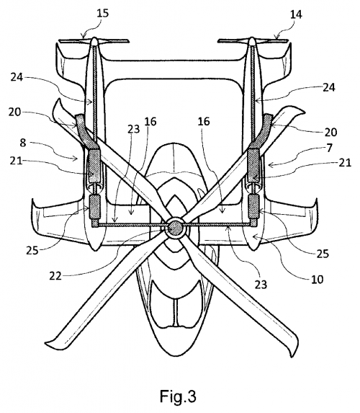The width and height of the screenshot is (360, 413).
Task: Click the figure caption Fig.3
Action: (178, 396)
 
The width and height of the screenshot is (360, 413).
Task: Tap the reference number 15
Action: (102, 13)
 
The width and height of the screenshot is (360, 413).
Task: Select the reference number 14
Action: (296, 14)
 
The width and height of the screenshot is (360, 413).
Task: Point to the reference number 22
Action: (55, 276)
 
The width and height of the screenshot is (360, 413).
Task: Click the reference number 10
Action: (317, 279)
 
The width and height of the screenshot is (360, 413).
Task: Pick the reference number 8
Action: (23, 143)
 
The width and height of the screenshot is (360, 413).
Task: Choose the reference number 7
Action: (330, 148)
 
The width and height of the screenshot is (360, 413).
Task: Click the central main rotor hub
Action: (175, 227)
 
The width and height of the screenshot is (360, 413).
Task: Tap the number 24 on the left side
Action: (17, 77)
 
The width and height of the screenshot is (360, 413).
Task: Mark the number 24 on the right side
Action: (329, 87)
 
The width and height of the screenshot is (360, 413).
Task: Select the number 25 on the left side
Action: (32, 250)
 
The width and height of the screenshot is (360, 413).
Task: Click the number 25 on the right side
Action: (323, 254)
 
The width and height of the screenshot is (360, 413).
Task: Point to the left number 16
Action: (150, 121)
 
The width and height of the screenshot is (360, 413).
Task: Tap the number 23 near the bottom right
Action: (261, 284)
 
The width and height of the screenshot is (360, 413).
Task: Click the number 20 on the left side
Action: (14, 112)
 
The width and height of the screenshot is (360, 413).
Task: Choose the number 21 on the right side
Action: (346, 162)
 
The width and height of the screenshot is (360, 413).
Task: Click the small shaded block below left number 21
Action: (95, 207)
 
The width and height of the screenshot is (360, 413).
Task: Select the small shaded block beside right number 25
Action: (254, 206)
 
